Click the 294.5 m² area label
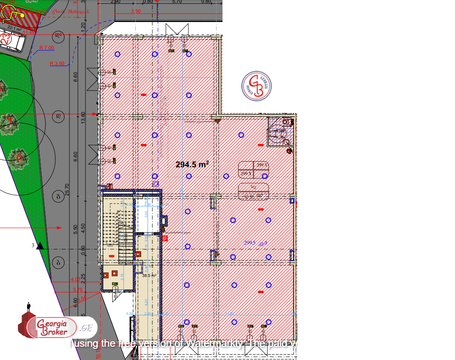(x=192, y=164)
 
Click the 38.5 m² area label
(x=149, y=275)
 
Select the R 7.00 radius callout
(x=46, y=48)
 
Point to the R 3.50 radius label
(x=57, y=64)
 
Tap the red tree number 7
(x=9, y=122)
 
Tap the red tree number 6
(x=19, y=157)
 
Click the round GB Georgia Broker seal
(x=257, y=86)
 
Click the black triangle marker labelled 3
(x=40, y=246)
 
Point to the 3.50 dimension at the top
(x=135, y=11)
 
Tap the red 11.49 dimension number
(x=29, y=32)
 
